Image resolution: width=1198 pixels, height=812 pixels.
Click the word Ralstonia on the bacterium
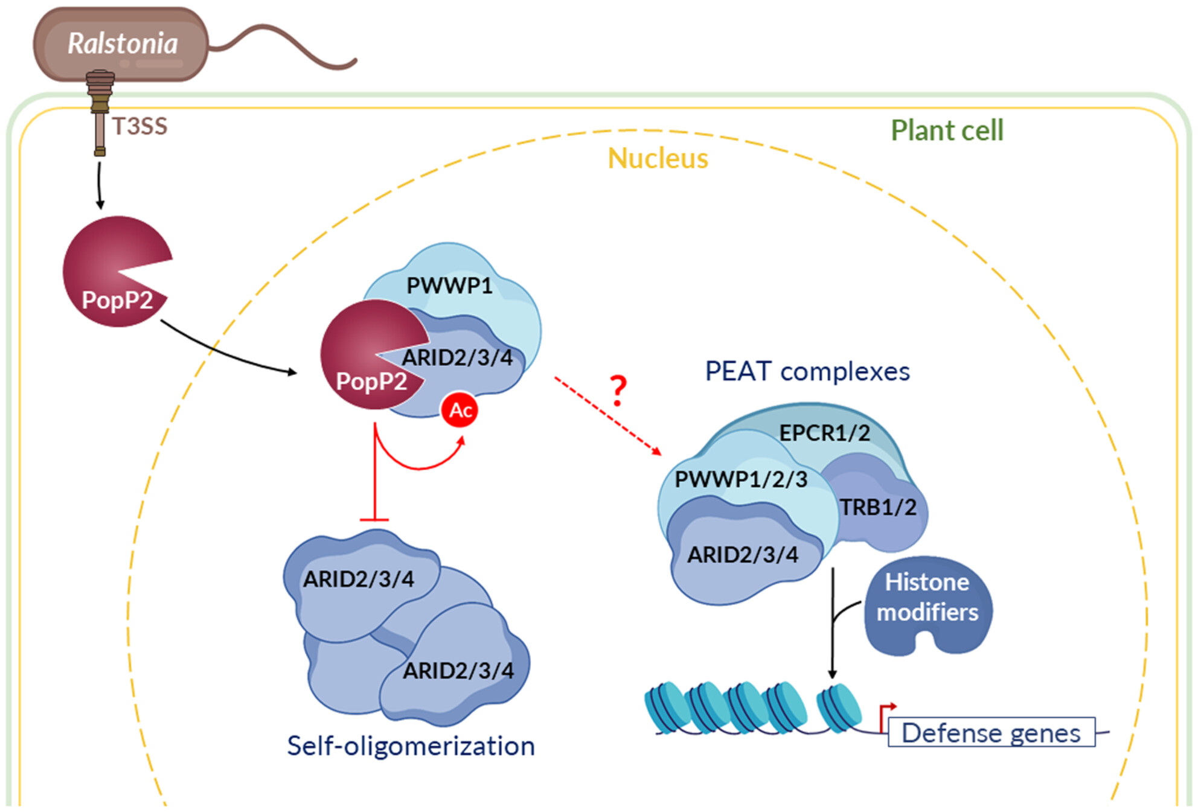pos(123,43)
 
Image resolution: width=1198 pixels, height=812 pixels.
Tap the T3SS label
pos(139,126)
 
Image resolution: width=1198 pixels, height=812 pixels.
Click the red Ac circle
pos(460,410)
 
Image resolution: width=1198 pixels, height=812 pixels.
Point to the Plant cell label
pos(947,130)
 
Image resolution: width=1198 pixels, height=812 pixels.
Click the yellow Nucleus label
pos(658,158)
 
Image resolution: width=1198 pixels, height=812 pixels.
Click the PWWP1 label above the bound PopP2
pos(449,285)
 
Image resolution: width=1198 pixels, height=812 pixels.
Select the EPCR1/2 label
pos(824,432)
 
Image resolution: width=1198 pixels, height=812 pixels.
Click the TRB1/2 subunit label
pos(878,507)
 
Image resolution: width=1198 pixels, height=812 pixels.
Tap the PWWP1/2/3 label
pos(741,479)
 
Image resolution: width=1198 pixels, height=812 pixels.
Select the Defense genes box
pos(991,732)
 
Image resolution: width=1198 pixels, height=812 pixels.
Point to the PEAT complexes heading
pos(807,371)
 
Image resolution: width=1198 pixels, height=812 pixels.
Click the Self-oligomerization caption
pos(411,746)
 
